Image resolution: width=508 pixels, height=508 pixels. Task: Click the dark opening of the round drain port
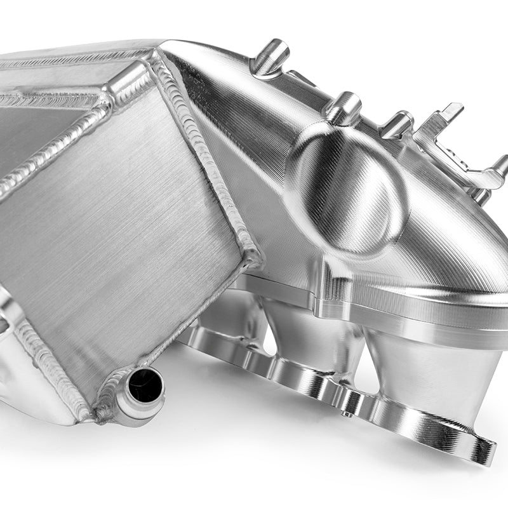coord(145,385)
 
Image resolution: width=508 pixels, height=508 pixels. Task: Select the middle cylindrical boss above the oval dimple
coord(344,109)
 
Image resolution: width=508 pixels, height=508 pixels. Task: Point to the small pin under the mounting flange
coord(348,414)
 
